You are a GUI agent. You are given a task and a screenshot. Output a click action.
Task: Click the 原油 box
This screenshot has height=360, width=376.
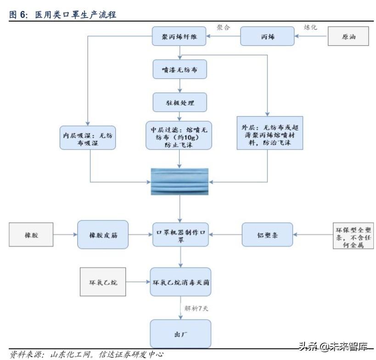pos(348,36)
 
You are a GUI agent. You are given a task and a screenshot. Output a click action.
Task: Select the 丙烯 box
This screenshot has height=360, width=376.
pos(267,36)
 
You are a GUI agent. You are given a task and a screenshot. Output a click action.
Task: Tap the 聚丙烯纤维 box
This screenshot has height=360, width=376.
pos(179,36)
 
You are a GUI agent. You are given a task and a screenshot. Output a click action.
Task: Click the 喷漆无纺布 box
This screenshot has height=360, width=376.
pos(180,69)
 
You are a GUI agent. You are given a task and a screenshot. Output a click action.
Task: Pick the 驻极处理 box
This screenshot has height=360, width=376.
pos(180,102)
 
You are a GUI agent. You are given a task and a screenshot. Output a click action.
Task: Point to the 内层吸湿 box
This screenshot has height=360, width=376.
pos(88,138)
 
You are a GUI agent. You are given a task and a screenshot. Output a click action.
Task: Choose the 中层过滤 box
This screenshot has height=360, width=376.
pos(179,135)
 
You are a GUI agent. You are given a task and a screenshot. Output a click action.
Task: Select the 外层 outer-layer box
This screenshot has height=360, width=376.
pos(270,133)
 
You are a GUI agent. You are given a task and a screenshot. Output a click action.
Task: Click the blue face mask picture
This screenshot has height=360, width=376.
pos(180,181)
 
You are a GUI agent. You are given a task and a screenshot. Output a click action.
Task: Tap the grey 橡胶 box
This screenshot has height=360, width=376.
pos(31,235)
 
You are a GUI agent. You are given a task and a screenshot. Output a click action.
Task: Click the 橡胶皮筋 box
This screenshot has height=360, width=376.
pos(103,235)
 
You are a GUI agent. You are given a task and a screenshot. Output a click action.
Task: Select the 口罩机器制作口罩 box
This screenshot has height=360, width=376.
pos(180,235)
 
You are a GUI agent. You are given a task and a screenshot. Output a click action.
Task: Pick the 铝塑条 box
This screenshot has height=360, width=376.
pos(267,235)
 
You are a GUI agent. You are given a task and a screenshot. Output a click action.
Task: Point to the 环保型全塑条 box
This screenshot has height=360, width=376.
pos(353,236)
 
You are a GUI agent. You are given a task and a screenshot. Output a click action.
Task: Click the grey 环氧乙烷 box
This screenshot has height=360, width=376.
pos(103,282)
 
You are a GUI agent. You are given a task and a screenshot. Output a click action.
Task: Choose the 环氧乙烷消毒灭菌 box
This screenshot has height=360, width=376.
pos(180,282)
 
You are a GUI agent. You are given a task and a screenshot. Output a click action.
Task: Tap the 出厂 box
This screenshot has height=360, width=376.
pos(180,334)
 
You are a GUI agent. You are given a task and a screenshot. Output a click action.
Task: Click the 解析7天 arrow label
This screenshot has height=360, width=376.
pos(196,308)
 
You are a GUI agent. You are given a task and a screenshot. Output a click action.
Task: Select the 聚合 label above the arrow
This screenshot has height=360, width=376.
pos(223,28)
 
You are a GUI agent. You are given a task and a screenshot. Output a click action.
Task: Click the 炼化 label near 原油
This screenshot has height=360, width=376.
pos(310,27)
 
